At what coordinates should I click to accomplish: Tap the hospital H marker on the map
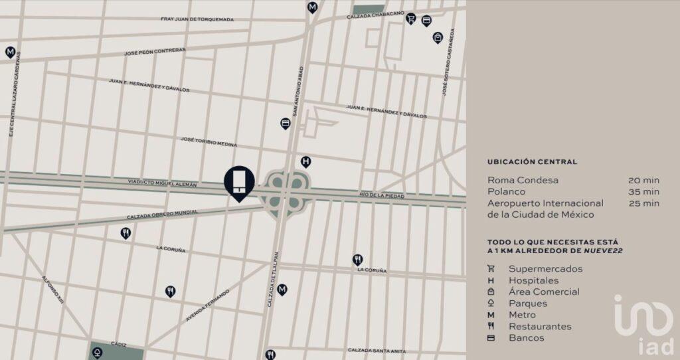pyautogui.click(x=305, y=161)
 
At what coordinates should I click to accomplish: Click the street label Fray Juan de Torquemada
pyautogui.click(x=197, y=19)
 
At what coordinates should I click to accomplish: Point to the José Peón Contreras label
pyautogui.click(x=155, y=50)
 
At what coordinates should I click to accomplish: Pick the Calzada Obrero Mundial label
pyautogui.click(x=163, y=215)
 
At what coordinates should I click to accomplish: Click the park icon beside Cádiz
pyautogui.click(x=98, y=352)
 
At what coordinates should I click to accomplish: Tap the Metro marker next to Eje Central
pyautogui.click(x=10, y=52)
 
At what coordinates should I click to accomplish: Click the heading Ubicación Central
pyautogui.click(x=532, y=161)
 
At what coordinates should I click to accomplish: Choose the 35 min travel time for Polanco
pyautogui.click(x=643, y=191)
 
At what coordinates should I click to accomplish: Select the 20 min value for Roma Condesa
pyautogui.click(x=643, y=180)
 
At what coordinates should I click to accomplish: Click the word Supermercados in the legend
pyautogui.click(x=545, y=269)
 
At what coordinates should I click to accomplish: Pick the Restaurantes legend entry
pyautogui.click(x=540, y=326)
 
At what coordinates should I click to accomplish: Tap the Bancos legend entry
pyautogui.click(x=526, y=338)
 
